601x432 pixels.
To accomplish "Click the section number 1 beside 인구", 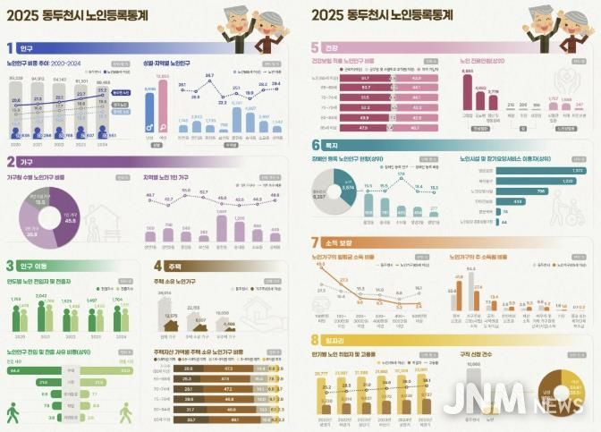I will pyautogui.click(x=10, y=47).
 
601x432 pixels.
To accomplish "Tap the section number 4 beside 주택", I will pyautogui.click(x=158, y=266).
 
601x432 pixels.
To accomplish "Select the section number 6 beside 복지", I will pyautogui.click(x=315, y=145).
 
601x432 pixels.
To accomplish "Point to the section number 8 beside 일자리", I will pyautogui.click(x=315, y=340).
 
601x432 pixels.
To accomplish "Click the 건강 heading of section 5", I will pyautogui.click(x=334, y=47).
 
